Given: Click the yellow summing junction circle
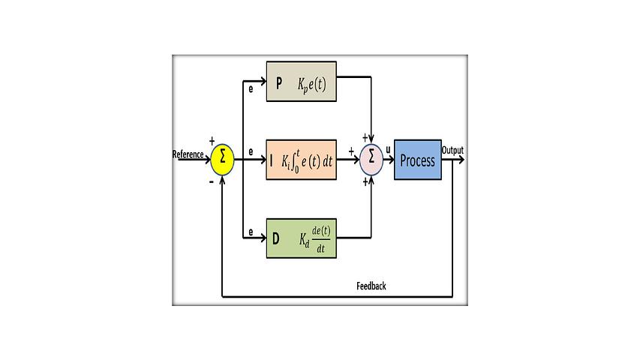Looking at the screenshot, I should pos(223,158).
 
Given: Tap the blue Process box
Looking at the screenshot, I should pos(418,160).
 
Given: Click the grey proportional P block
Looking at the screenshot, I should pos(302,82).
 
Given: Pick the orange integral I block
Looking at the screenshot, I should pos(302,160).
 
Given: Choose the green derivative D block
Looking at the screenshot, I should pos(302,238).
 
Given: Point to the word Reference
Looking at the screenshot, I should pos(188,154).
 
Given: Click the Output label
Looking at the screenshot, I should pos(452,151).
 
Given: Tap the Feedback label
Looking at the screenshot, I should pos(371,286).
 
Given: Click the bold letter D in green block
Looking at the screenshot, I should pos(276,239).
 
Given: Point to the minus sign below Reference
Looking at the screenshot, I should pos(212,181).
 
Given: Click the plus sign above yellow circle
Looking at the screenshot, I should pos(212,140).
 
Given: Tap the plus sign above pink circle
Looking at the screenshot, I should pos(365,137).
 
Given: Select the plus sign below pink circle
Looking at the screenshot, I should pos(365,181).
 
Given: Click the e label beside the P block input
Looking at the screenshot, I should pos(251,88).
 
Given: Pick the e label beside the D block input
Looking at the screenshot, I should pos(251,232).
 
